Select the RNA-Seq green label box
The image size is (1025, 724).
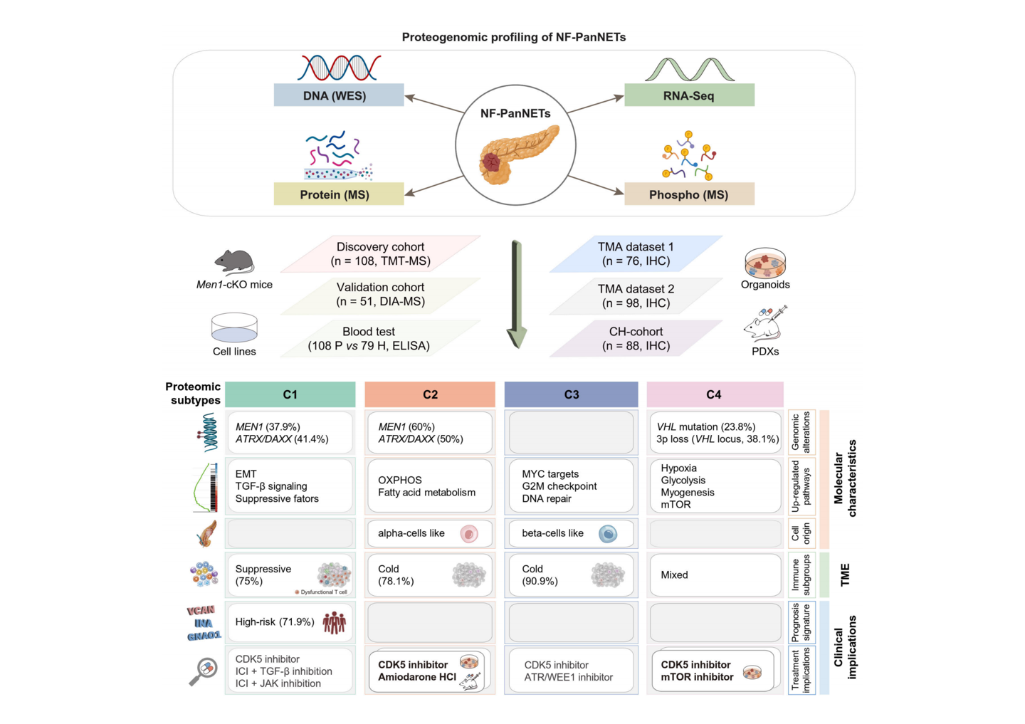[x=689, y=95]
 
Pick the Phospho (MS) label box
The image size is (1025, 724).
[x=689, y=194]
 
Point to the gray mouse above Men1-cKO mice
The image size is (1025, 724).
[x=234, y=261]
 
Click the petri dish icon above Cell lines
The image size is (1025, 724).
[x=234, y=328]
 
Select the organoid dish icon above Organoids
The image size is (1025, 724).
[x=765, y=263]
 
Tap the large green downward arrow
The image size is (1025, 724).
[x=517, y=295]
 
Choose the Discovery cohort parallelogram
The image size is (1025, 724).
[x=381, y=254]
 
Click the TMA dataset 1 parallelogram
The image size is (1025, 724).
[x=636, y=254]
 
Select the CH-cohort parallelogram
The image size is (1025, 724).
[x=636, y=339]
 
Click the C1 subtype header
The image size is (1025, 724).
[x=290, y=394]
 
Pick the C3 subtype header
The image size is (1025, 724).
[x=571, y=394]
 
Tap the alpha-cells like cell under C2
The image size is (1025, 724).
[x=429, y=533]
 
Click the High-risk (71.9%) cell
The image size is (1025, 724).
[x=290, y=622]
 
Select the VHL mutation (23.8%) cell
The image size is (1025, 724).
[x=715, y=433]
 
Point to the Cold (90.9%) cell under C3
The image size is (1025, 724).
[x=571, y=575]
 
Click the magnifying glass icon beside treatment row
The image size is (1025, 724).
[x=204, y=671]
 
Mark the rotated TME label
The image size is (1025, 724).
[x=845, y=575]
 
